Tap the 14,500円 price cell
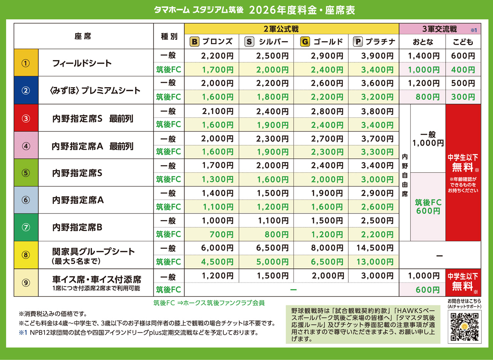[x=376, y=248]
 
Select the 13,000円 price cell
[x=376, y=262]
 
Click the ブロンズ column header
[x=211, y=42]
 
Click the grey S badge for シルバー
[x=249, y=42]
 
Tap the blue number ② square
[x=26, y=91]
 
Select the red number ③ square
[x=26, y=118]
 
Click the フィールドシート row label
[x=82, y=63]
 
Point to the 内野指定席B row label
[x=77, y=227]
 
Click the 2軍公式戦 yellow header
[x=292, y=29]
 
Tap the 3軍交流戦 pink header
[x=439, y=29]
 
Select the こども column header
[x=463, y=42]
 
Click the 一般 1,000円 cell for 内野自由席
[x=428, y=138]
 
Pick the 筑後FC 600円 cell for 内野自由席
[x=428, y=207]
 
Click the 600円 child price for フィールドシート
[x=463, y=56]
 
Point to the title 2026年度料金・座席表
[x=302, y=10]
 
